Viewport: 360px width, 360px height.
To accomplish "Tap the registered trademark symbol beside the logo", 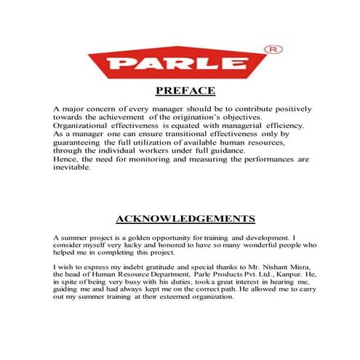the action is pyautogui.click(x=275, y=49).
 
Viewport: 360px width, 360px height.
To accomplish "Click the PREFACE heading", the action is pyautogui.click(x=185, y=91).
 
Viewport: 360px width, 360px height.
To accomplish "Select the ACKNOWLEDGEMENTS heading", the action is pyautogui.click(x=185, y=218).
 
